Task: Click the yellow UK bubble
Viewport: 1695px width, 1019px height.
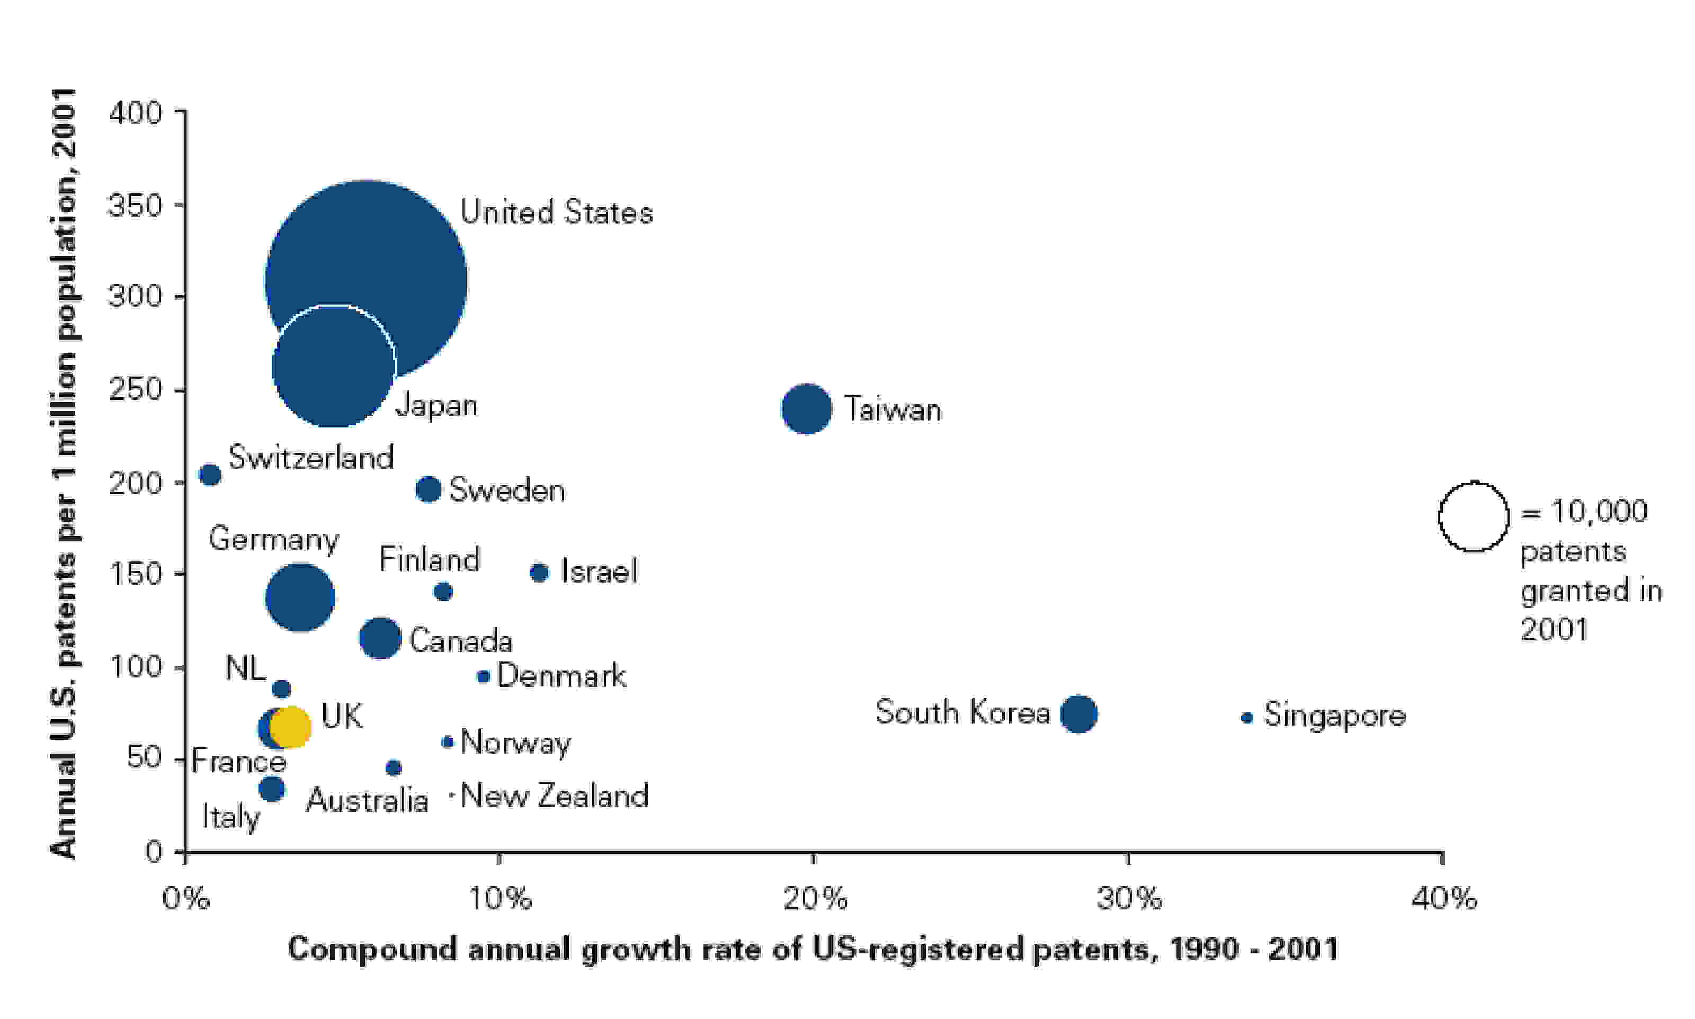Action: coord(290,727)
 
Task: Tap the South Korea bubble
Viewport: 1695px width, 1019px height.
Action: coord(1078,714)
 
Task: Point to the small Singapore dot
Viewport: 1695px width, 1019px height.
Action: coord(1247,718)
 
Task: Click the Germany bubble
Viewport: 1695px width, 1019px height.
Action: coord(300,597)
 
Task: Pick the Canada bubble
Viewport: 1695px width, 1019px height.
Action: coord(380,637)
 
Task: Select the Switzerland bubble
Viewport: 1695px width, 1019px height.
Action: coord(210,475)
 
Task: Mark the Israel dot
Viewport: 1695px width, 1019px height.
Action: coord(539,572)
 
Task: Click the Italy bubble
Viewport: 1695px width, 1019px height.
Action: coord(271,788)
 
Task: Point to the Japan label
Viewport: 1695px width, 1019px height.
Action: coord(436,405)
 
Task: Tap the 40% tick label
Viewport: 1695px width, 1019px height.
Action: coord(1443,898)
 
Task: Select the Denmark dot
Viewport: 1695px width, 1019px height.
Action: coord(483,676)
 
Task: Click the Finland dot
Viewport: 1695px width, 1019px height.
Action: coord(443,591)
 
